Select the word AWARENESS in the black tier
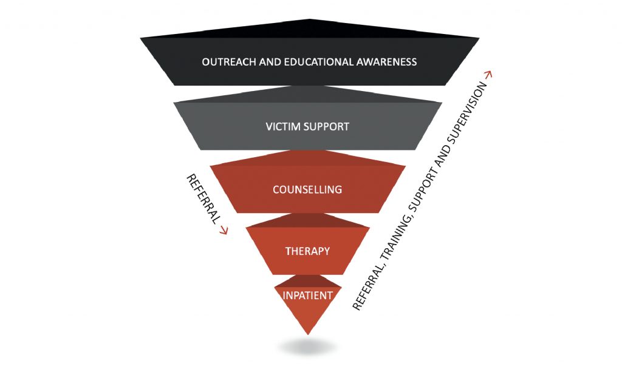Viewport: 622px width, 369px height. [x=387, y=62]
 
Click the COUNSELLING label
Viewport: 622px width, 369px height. [x=307, y=189]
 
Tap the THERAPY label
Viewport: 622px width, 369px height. [x=307, y=251]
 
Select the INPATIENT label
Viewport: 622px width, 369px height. [x=307, y=296]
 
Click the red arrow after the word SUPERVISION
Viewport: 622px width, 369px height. [x=488, y=75]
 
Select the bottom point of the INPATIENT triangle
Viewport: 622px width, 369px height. [x=308, y=333]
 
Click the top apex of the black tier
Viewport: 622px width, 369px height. [x=309, y=21]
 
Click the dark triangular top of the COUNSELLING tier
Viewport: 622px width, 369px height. [x=307, y=158]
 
